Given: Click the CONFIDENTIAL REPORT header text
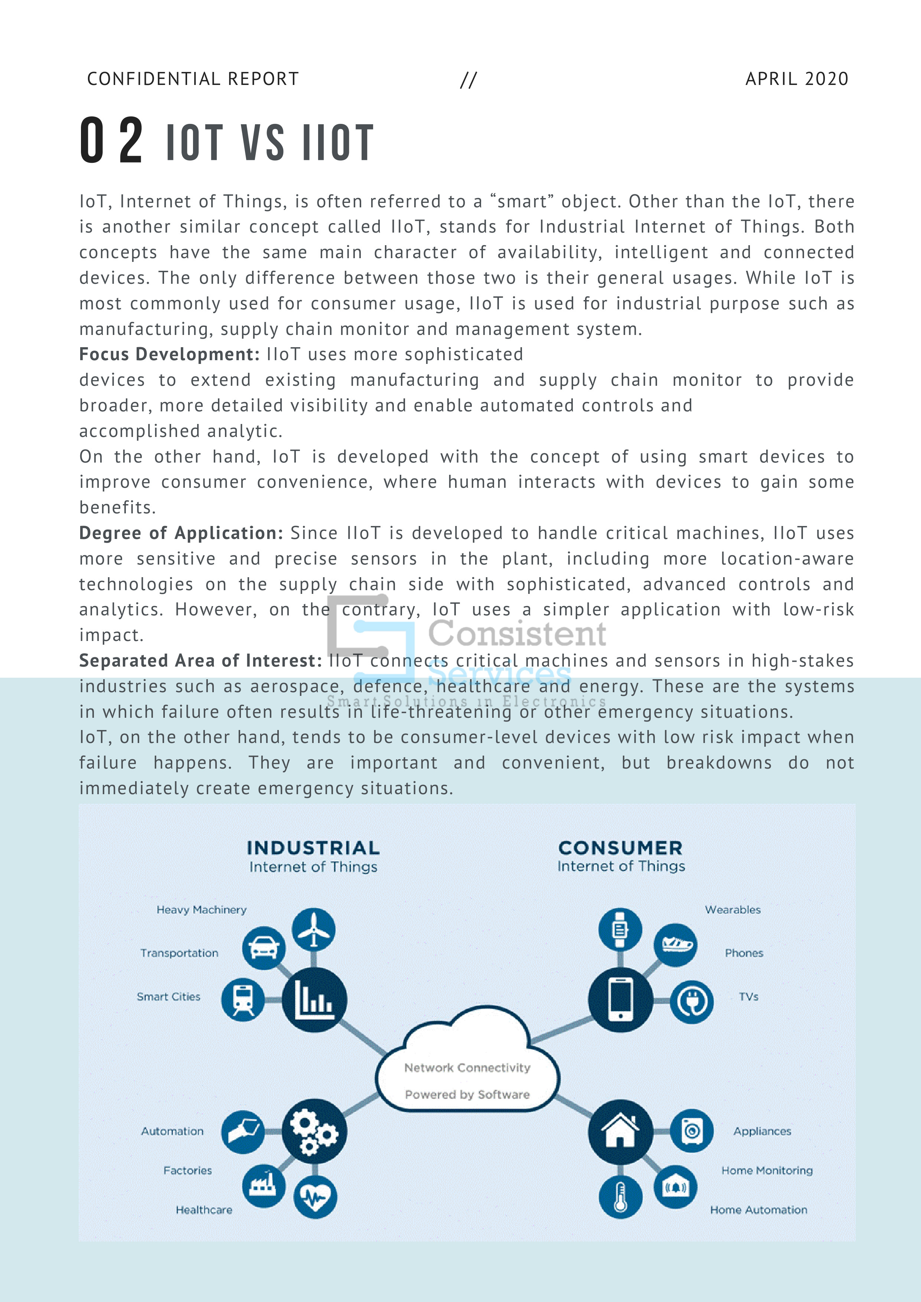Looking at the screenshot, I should pos(193,79).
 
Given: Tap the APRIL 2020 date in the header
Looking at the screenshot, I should pos(796,79).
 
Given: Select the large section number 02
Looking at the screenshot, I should pos(112,140).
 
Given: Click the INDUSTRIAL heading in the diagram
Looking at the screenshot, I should pos(313,848).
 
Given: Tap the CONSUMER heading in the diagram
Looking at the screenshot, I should pos(620,848).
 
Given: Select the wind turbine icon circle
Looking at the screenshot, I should pos(314,930).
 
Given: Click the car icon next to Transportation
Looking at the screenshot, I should pos(264,948).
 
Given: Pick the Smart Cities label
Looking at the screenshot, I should pos(169,997).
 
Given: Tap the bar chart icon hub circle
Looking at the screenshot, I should pos(314,999).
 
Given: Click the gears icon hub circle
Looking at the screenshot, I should pos(314,1131).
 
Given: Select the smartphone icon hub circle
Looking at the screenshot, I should pos(620,999).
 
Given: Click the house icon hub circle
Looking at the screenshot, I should pos(620,1131).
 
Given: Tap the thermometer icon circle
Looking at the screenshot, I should pos(620,1197).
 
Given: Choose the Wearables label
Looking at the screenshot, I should pos(732,910).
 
